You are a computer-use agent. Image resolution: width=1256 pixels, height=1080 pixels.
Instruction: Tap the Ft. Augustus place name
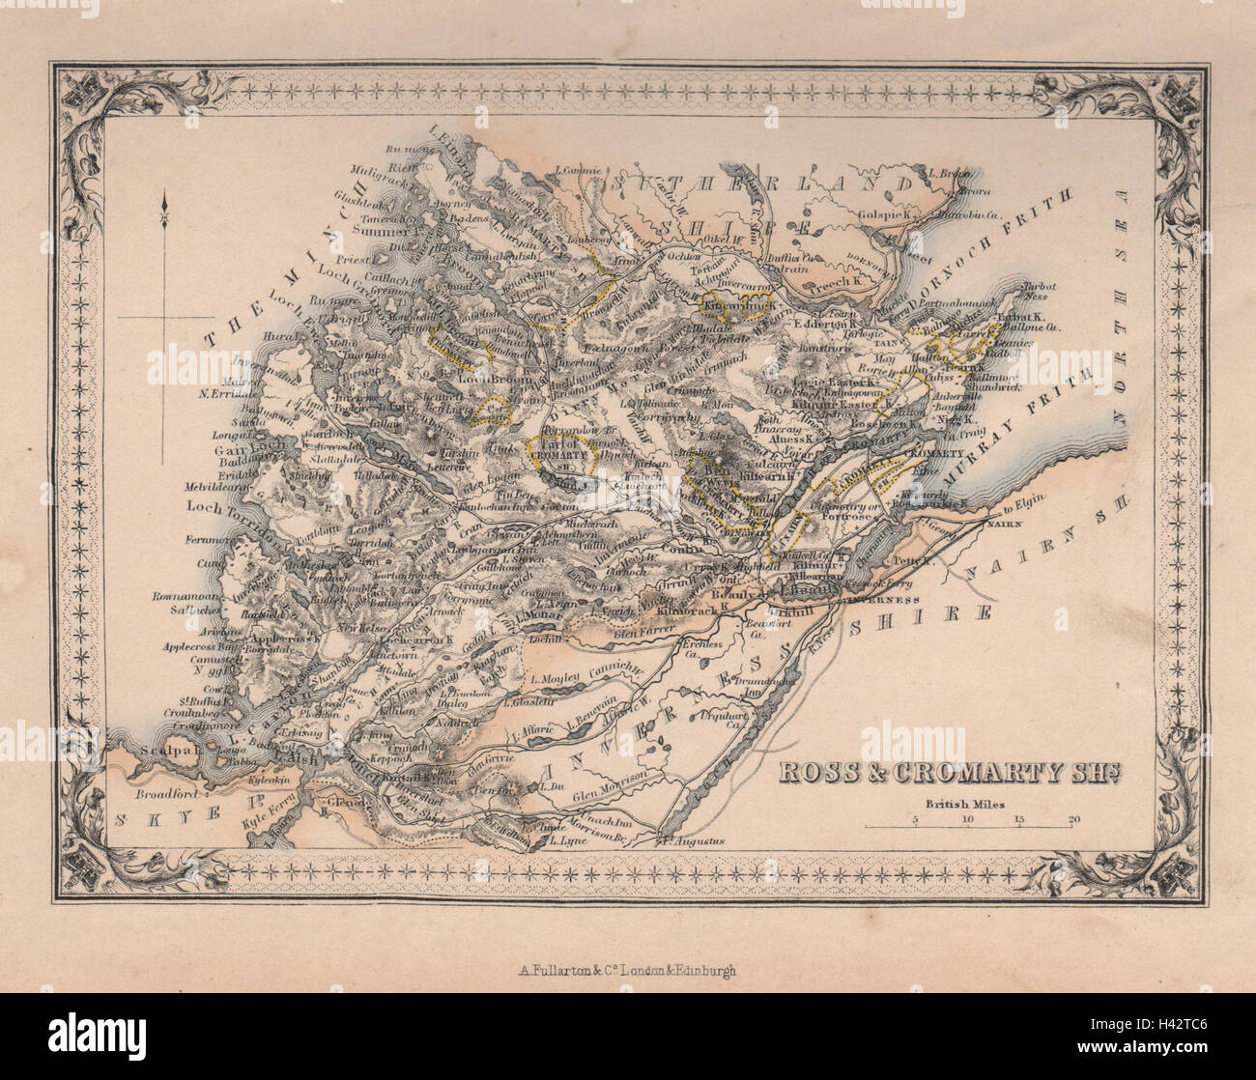tap(696, 840)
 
